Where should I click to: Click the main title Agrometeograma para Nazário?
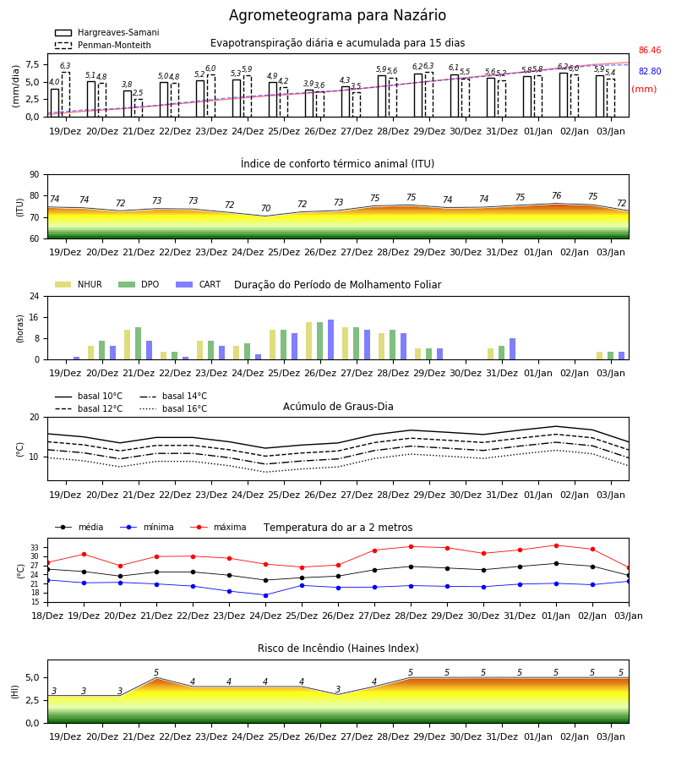point(337,15)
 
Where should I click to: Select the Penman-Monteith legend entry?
point(103,45)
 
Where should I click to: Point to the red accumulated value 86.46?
point(650,50)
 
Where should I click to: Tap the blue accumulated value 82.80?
point(650,71)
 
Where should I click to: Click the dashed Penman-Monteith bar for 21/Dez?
point(139,108)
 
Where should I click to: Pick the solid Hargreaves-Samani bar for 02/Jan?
point(564,95)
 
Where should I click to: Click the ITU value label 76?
point(556,195)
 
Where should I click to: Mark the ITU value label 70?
point(265,208)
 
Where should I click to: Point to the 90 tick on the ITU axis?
point(35,175)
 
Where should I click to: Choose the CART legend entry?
point(199,284)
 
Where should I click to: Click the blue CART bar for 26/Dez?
point(330,340)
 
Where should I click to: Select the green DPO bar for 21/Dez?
point(139,343)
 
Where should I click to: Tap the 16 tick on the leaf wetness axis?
point(35,317)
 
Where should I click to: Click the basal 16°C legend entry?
point(173,408)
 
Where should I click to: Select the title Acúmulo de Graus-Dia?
point(338,407)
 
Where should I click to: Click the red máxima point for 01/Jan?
point(556,545)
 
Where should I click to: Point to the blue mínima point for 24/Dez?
point(265,595)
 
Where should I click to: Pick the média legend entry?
point(79,527)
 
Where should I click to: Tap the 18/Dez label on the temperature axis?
point(47,616)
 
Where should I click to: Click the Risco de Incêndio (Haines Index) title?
point(338,649)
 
